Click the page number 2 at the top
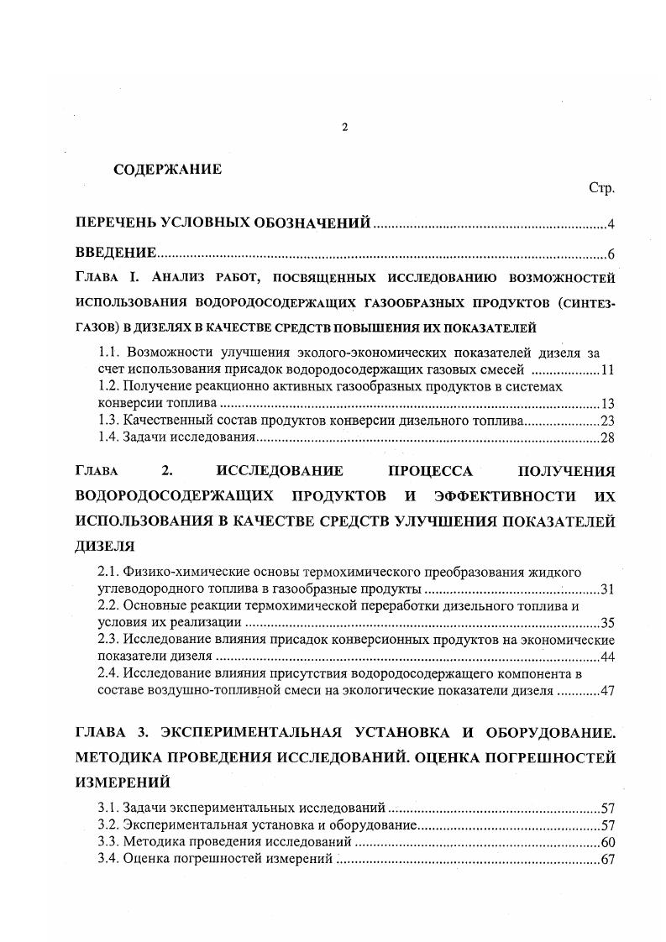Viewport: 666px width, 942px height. (x=344, y=127)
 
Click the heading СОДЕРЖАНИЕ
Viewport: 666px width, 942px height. (x=167, y=169)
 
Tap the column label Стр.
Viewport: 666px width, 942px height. (x=601, y=189)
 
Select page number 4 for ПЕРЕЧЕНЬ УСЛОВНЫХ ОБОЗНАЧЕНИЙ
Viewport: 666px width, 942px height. (x=611, y=223)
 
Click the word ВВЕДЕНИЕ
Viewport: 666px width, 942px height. (x=115, y=253)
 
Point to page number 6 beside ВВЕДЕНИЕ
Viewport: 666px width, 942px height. (x=611, y=254)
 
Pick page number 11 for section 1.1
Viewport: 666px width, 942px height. (x=608, y=370)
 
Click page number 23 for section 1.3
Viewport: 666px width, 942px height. (x=608, y=421)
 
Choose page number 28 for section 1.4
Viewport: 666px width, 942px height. (x=608, y=437)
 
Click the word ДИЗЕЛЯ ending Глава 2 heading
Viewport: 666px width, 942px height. (x=105, y=545)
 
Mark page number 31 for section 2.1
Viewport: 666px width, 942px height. (x=608, y=589)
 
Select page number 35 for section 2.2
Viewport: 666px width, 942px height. (x=608, y=623)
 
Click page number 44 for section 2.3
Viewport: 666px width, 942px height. (x=608, y=657)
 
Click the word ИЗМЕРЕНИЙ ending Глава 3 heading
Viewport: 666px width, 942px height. (x=123, y=782)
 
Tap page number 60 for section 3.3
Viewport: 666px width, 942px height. (x=608, y=841)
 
